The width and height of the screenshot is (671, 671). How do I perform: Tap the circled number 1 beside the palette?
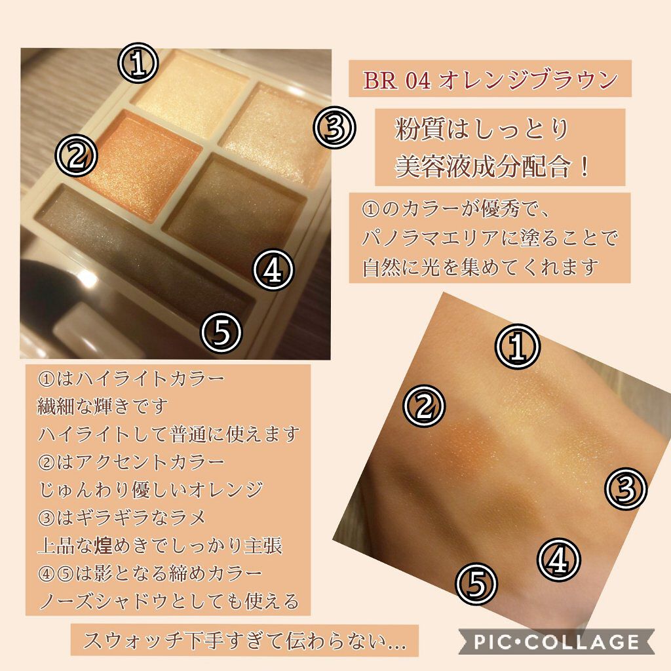pyautogui.click(x=138, y=62)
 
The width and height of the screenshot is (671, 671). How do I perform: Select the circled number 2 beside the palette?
pyautogui.click(x=77, y=155)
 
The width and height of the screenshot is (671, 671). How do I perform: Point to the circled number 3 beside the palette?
pyautogui.click(x=334, y=127)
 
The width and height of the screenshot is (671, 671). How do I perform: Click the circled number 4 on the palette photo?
pyautogui.click(x=273, y=269)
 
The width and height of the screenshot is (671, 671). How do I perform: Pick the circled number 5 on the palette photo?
pyautogui.click(x=221, y=332)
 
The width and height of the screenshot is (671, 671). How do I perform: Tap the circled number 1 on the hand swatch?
pyautogui.click(x=518, y=346)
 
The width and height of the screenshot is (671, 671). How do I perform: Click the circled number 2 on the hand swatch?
pyautogui.click(x=424, y=406)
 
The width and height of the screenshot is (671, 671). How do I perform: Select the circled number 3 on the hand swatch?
pyautogui.click(x=625, y=488)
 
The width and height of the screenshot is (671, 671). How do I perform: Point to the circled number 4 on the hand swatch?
pyautogui.click(x=558, y=560)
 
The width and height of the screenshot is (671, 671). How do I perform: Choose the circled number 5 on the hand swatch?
pyautogui.click(x=476, y=583)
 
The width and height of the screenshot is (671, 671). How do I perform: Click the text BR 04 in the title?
pyautogui.click(x=396, y=80)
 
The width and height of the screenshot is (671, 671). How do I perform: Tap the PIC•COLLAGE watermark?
pyautogui.click(x=556, y=642)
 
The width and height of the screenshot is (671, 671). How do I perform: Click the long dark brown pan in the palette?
pyautogui.click(x=145, y=252)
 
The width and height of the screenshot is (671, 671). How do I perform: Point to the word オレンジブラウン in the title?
pyautogui.click(x=529, y=80)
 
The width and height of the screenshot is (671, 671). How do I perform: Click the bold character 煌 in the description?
pyautogui.click(x=103, y=545)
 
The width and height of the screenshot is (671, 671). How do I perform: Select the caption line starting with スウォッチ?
pyautogui.click(x=244, y=641)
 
